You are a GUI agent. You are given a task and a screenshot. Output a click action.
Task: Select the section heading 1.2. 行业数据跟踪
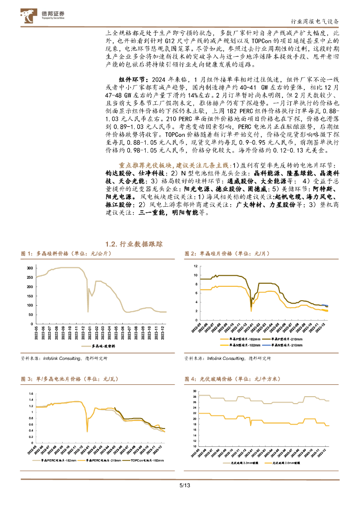pyautogui.click(x=134, y=245)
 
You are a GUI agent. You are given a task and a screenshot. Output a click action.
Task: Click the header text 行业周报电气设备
pyautogui.click(x=316, y=21)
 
